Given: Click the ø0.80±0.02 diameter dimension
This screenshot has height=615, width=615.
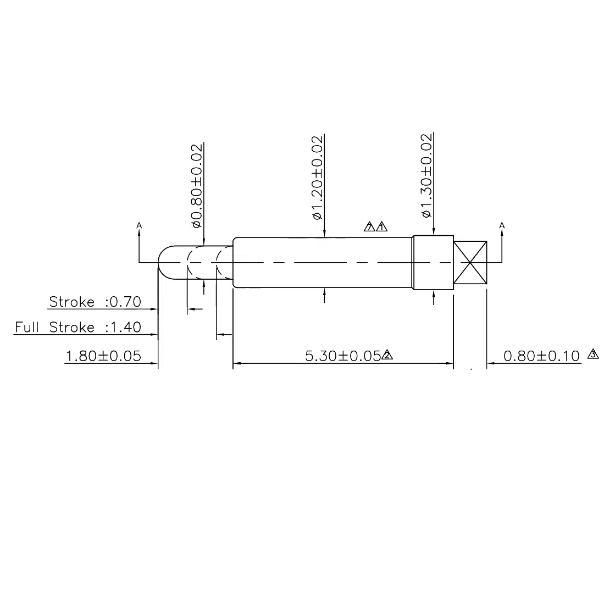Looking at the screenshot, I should point(197,185).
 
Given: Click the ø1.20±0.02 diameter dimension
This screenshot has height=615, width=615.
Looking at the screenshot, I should point(317,177).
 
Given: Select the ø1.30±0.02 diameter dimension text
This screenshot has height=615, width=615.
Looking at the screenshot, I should point(426,176).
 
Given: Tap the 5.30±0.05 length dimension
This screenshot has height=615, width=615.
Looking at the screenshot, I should point(343,356).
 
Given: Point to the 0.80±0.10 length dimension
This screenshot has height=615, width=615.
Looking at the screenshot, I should point(541,356).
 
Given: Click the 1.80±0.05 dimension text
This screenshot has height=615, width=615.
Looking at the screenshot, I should point(103,356).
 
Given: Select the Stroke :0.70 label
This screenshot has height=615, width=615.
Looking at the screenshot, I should point(95,302).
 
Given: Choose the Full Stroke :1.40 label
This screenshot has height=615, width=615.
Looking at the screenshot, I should point(78,328).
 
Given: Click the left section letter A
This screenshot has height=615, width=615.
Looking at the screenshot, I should point(139,225).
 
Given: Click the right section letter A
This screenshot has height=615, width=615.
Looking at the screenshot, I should point(502,225).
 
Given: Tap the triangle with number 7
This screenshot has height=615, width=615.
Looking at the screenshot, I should point(370,226).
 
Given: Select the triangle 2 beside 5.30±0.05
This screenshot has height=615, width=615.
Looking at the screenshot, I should point(387,355).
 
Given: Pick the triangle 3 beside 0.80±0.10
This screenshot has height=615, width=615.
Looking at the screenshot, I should point(593,354).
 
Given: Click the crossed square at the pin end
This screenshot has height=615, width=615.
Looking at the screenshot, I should point(470,263).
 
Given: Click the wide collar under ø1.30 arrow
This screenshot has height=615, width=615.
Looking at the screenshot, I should point(433,263).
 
